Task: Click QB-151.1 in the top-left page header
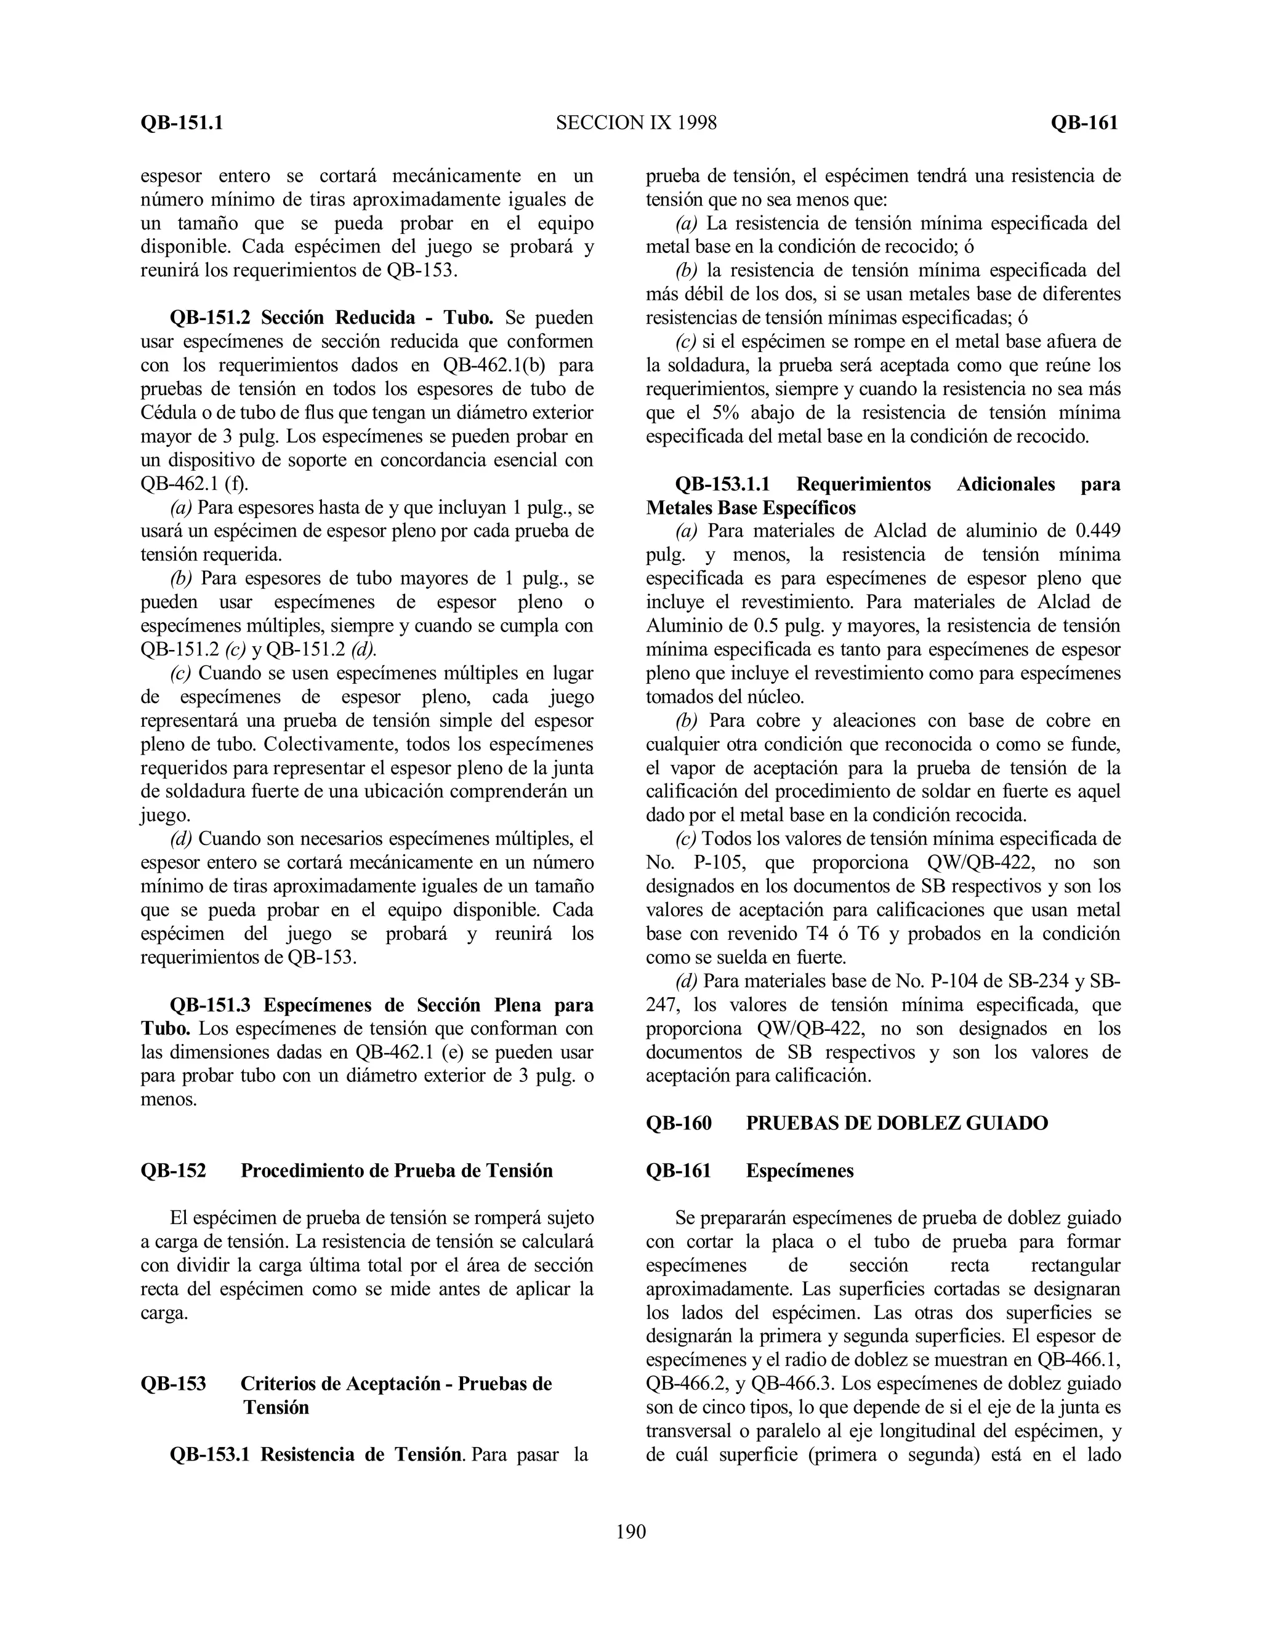182,122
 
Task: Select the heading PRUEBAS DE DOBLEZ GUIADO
896,1144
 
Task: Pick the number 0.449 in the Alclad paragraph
1097,531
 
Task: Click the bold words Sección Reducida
339,318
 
